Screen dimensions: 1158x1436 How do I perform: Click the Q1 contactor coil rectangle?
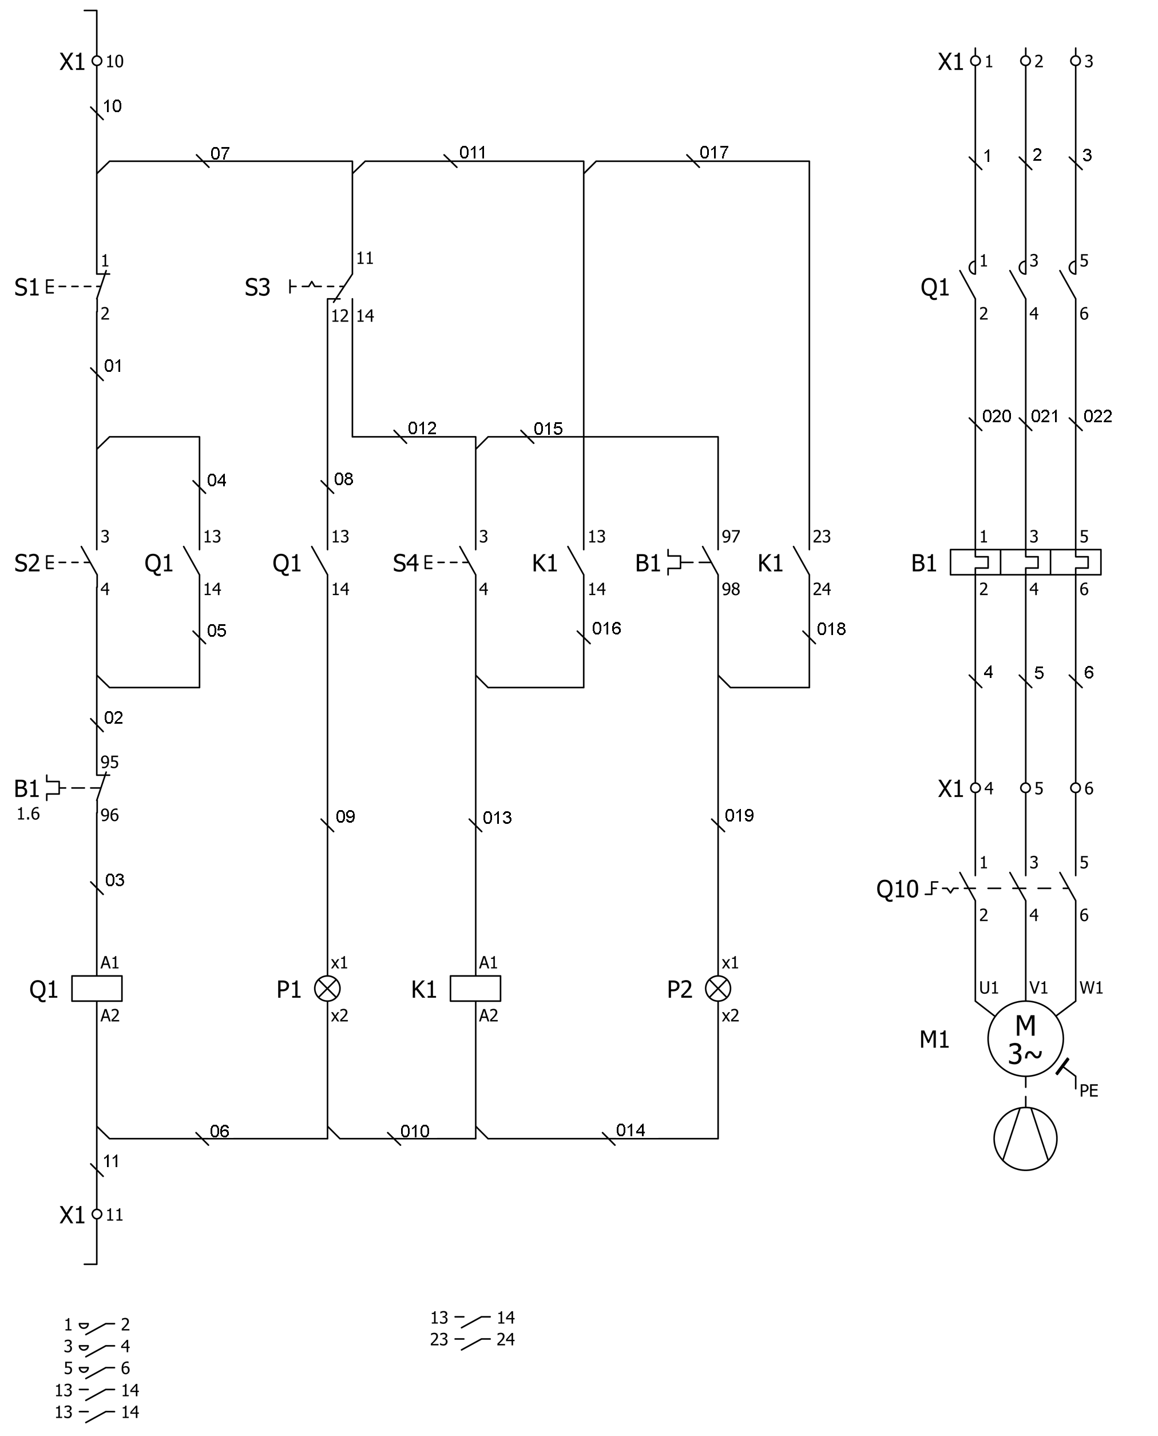[97, 989]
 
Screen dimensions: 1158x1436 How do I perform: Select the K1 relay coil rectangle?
[475, 989]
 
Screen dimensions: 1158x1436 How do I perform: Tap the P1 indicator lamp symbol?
[327, 989]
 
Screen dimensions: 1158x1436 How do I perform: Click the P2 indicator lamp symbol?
[719, 989]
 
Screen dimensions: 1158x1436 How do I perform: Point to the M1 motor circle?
[1025, 1038]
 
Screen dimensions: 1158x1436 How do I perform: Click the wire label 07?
[220, 154]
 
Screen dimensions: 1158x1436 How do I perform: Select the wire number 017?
[714, 153]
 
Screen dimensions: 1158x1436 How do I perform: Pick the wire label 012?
[422, 428]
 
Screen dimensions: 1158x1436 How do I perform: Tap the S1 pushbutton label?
[27, 287]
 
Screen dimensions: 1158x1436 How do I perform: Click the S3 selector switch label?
[257, 287]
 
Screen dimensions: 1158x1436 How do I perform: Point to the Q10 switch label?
[897, 889]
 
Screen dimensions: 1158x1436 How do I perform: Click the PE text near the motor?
[1089, 1090]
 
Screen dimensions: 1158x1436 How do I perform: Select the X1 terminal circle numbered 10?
[97, 61]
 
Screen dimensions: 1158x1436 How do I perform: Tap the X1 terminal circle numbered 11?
[97, 1214]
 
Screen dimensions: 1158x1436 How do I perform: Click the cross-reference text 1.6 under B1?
[28, 814]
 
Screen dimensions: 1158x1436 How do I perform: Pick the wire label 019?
[739, 815]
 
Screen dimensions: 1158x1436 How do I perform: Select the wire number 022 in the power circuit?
[1098, 416]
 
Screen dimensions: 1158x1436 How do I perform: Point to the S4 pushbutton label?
[406, 564]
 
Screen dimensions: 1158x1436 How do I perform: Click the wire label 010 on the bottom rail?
[415, 1131]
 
